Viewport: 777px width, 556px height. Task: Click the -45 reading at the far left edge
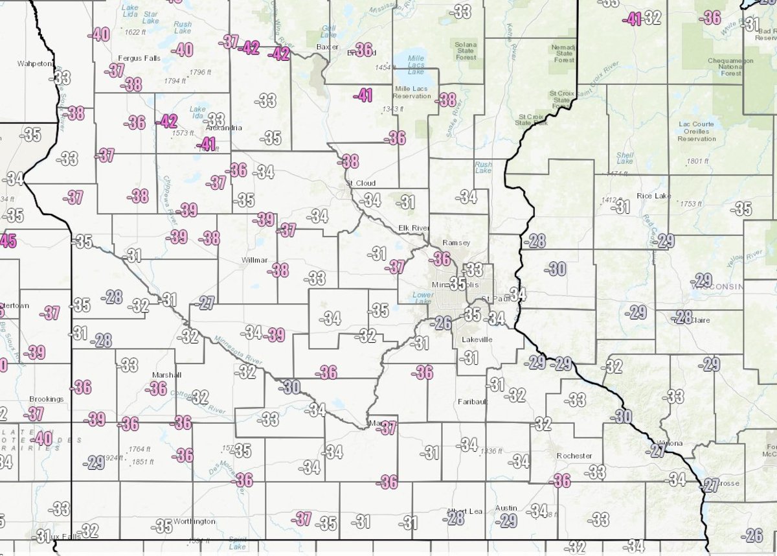click(x=7, y=240)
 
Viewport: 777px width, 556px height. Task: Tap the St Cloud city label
click(x=361, y=183)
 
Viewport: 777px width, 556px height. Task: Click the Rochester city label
click(x=574, y=456)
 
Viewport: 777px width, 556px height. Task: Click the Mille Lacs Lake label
click(x=416, y=62)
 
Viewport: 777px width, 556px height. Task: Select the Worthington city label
click(x=194, y=521)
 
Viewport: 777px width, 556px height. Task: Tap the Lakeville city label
click(x=479, y=340)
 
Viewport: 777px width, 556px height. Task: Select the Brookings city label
click(x=47, y=399)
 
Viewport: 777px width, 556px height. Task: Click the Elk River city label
click(x=411, y=227)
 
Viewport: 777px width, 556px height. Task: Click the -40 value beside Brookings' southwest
click(x=41, y=439)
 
